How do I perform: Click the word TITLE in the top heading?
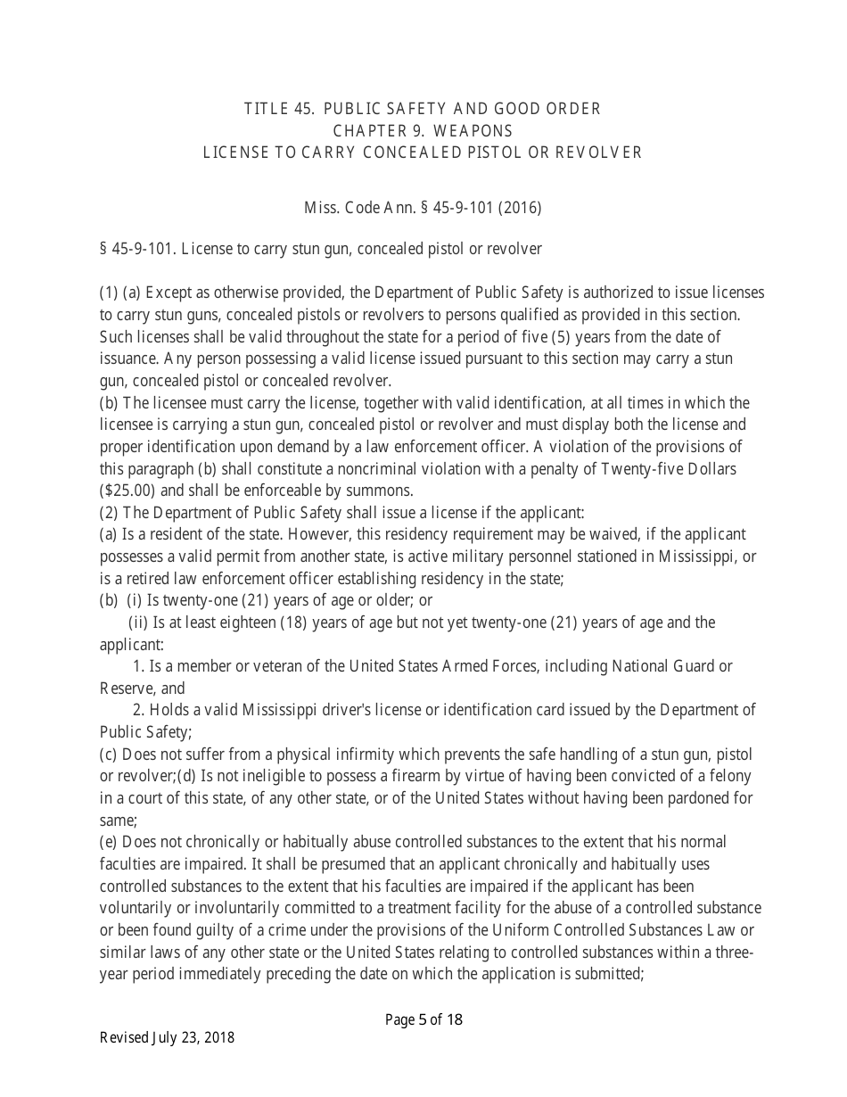265,109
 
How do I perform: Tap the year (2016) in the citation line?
521,208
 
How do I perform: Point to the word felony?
730,776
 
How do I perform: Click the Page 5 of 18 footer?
423,1020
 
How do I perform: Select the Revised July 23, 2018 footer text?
167,1038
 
